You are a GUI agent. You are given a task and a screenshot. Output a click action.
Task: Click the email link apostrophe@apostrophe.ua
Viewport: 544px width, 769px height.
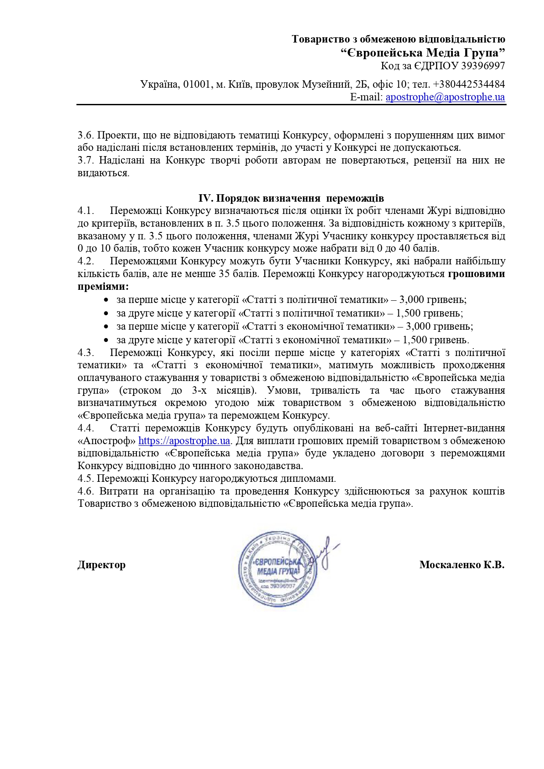445,97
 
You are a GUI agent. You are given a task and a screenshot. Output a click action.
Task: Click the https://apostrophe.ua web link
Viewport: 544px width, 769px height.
184,441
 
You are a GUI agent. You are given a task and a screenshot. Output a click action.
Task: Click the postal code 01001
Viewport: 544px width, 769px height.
197,84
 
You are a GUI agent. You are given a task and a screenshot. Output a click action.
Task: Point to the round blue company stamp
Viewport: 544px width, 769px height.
277,569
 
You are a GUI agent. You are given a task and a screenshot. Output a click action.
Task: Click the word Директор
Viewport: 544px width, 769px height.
101,565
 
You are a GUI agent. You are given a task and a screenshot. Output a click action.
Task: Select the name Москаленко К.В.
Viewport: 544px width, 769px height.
462,565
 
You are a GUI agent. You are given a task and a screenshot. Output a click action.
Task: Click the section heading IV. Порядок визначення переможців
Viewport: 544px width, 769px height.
291,198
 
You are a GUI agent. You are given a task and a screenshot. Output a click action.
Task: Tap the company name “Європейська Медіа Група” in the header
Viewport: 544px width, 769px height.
423,53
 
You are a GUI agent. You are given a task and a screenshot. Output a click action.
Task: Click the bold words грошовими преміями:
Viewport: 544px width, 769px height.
476,274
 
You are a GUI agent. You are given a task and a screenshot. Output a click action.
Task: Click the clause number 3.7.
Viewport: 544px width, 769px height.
86,160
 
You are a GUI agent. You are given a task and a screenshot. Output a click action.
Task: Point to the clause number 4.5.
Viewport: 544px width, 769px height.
86,478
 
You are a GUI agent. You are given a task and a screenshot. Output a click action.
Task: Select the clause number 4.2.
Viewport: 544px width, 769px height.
86,261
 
